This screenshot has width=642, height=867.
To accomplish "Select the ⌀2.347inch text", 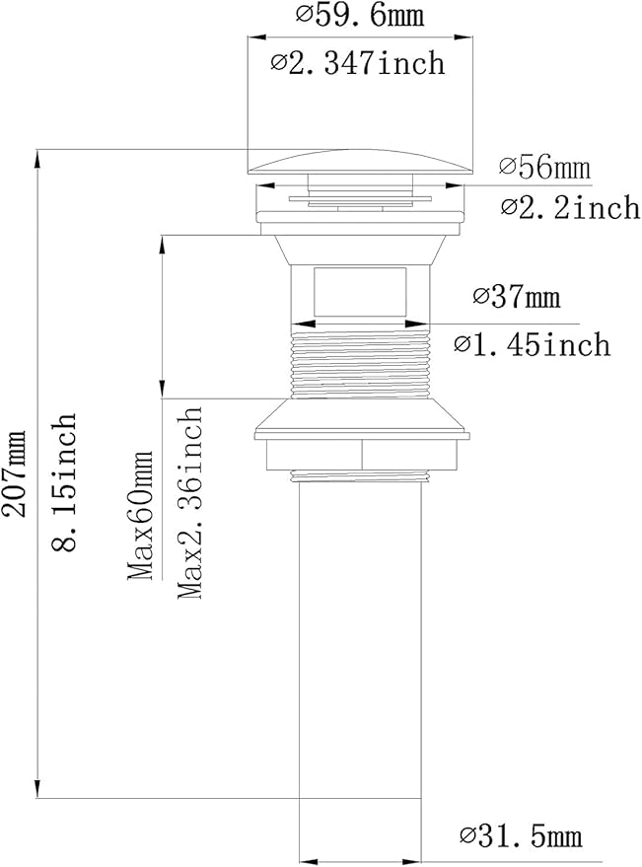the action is coord(358,62).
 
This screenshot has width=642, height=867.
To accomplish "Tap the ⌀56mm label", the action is coord(544,167).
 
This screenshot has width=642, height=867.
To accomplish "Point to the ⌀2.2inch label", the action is coord(570,207).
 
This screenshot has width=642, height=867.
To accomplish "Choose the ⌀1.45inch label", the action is coord(533,344).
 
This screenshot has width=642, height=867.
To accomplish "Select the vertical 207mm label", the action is coord(14,473).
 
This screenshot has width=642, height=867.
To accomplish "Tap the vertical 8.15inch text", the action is coord(63,481).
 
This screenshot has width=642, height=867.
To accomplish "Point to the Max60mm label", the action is coord(140,515).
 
